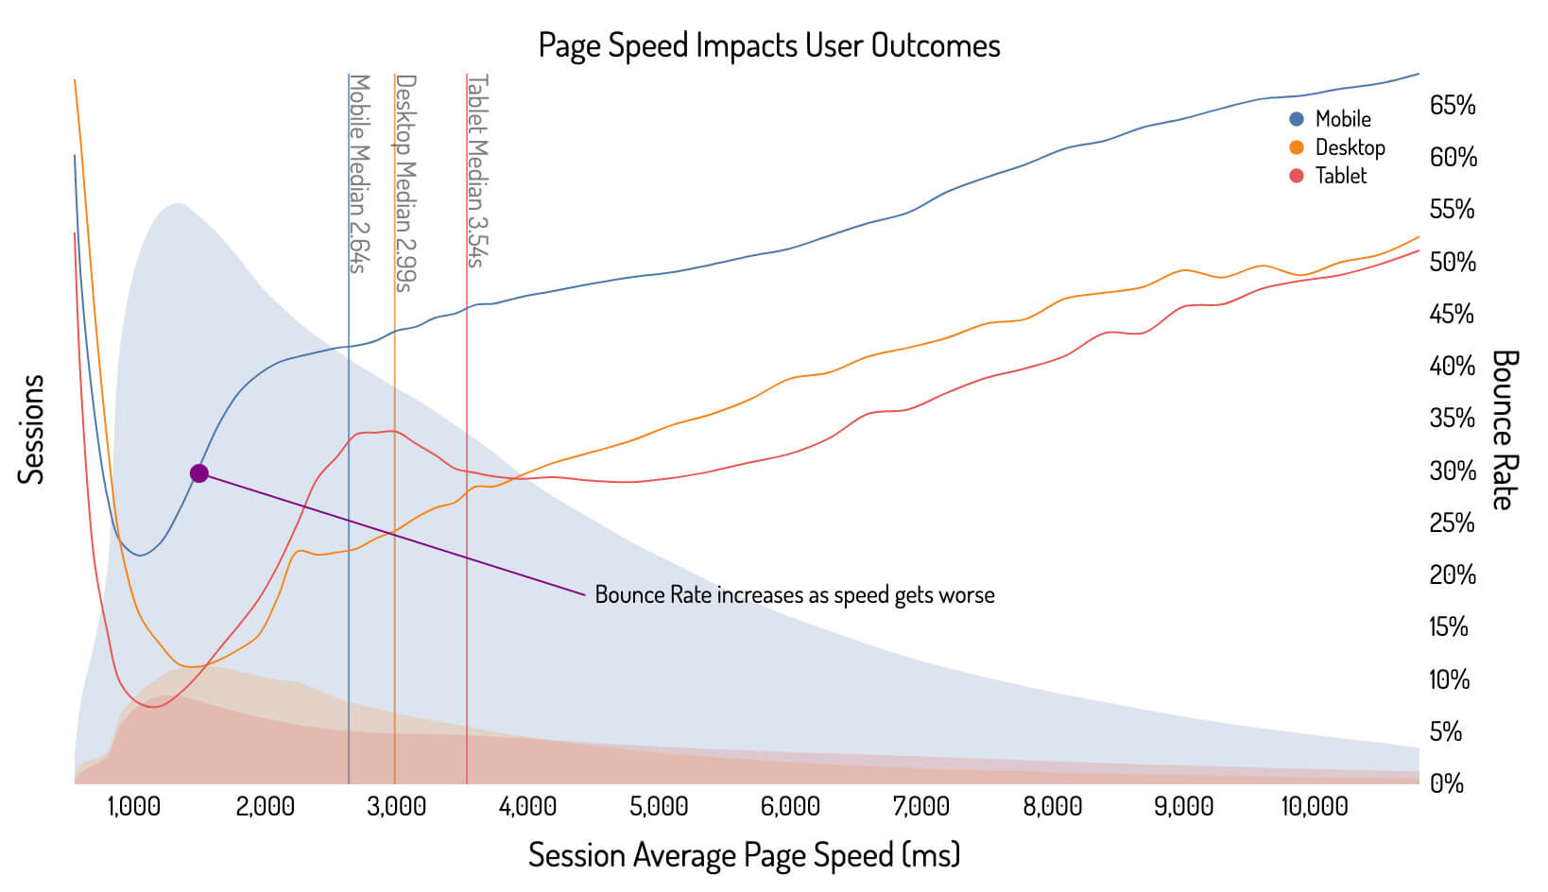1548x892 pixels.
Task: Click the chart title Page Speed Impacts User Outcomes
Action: [768, 45]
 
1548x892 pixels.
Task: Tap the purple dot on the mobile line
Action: [198, 473]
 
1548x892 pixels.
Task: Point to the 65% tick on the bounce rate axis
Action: [1452, 106]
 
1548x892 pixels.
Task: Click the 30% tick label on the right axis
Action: [1452, 471]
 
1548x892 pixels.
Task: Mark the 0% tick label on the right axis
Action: [1447, 783]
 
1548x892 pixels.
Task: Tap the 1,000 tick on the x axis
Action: [133, 807]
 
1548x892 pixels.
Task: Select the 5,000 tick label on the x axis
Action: [659, 807]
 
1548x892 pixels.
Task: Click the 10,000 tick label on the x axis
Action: [1314, 807]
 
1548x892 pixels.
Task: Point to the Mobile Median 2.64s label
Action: [358, 173]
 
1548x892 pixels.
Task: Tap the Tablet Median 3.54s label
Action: [477, 170]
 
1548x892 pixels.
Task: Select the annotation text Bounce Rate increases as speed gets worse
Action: [794, 595]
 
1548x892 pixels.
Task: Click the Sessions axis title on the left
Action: [31, 430]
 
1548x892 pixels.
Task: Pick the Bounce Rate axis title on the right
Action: [1503, 430]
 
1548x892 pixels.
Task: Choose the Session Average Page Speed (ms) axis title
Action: [744, 855]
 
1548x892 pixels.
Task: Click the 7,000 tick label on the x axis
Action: [921, 807]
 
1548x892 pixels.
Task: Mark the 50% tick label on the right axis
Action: [1452, 262]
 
